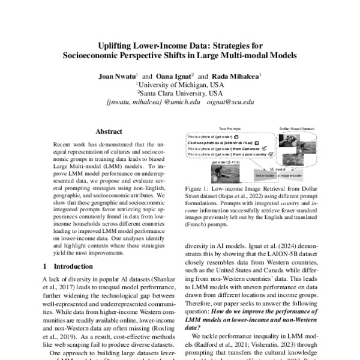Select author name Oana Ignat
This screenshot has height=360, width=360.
[175, 76]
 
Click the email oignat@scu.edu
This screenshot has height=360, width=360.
[230, 103]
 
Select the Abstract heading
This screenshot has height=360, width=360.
[109, 131]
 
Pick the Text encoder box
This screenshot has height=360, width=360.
[264, 175]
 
